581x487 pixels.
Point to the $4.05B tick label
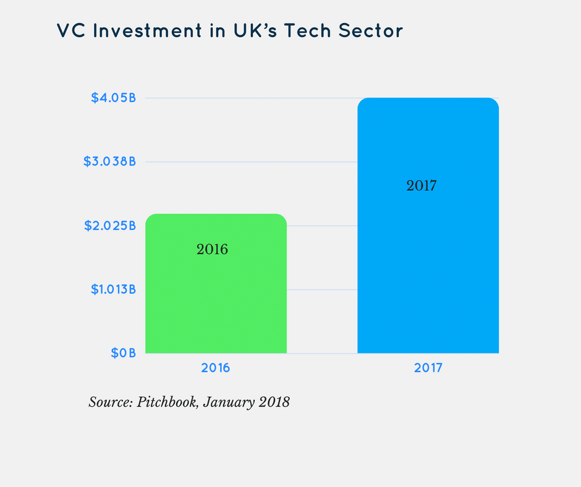tap(113, 98)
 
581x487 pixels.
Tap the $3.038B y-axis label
tap(109, 162)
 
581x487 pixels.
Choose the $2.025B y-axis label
tap(109, 226)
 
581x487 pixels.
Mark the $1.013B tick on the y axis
tap(110, 289)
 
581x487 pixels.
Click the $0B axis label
tap(123, 353)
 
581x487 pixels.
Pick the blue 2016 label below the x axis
tap(215, 368)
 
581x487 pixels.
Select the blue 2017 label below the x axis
tap(428, 368)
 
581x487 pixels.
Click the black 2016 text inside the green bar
tap(212, 250)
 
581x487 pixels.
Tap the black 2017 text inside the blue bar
tap(422, 185)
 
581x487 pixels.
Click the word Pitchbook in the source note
tap(165, 402)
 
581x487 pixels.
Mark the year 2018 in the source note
tap(273, 402)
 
